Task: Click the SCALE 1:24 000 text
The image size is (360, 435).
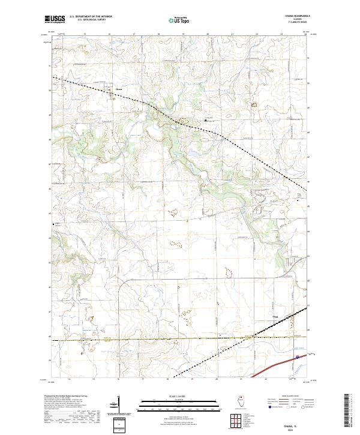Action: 180,396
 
